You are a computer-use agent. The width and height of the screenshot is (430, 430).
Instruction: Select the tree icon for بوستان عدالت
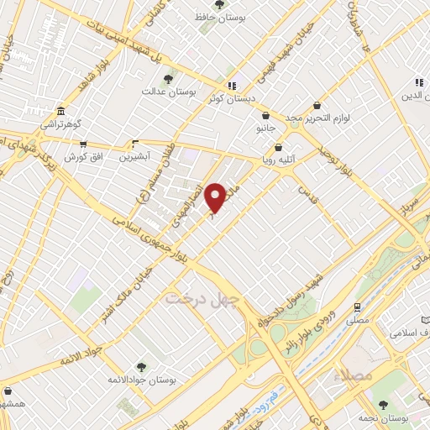pyautogui.click(x=168, y=78)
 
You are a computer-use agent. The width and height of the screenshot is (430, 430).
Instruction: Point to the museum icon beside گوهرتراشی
pyautogui.click(x=60, y=112)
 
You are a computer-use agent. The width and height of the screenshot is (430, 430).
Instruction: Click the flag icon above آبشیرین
pyautogui.click(x=134, y=144)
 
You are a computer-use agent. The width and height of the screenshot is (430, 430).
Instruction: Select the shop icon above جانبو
pyautogui.click(x=265, y=116)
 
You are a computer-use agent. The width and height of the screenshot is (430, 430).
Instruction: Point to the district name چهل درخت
pyautogui.click(x=202, y=297)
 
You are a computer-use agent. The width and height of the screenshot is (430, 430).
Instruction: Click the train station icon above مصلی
pyautogui.click(x=357, y=307)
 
